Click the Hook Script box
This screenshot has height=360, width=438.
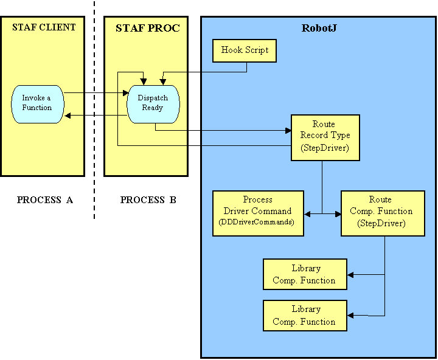(x=245, y=50)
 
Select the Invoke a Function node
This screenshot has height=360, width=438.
(x=37, y=103)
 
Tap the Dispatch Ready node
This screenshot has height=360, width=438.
(x=153, y=103)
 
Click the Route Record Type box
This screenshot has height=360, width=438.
(x=325, y=137)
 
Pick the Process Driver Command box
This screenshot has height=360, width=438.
(x=257, y=211)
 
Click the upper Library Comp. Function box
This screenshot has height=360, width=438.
(x=304, y=274)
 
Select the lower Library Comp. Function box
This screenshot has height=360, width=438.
(x=304, y=316)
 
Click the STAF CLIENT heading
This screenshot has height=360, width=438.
(x=44, y=27)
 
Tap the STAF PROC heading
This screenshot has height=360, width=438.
(x=148, y=28)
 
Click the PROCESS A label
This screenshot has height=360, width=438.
(x=45, y=199)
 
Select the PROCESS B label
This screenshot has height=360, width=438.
(x=148, y=199)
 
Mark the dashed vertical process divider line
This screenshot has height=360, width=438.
(x=94, y=122)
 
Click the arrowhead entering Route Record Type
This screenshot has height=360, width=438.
(x=288, y=130)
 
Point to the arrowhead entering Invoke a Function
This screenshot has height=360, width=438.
(x=68, y=115)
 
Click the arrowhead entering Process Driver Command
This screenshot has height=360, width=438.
(x=307, y=213)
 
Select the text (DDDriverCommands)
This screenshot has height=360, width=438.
(x=257, y=223)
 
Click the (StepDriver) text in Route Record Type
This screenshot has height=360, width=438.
(x=325, y=148)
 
